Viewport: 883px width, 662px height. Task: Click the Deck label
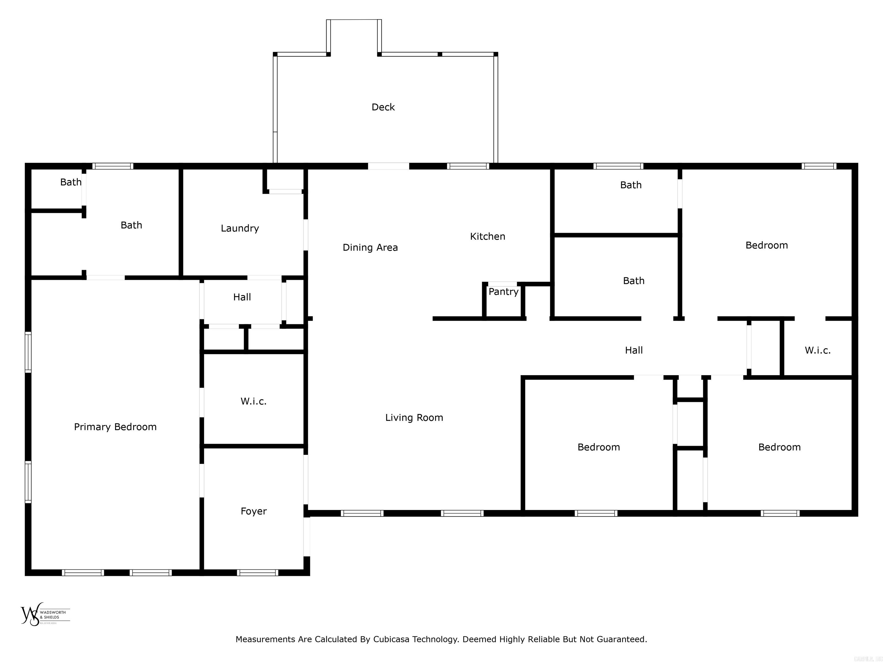(383, 107)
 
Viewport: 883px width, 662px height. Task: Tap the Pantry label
(503, 292)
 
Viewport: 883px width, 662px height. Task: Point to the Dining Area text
(370, 247)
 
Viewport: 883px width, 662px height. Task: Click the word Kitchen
(487, 236)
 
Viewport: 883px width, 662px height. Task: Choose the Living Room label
(414, 417)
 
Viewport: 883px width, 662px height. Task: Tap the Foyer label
(254, 511)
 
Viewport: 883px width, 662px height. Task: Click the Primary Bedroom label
(115, 427)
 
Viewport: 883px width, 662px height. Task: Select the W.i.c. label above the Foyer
(254, 401)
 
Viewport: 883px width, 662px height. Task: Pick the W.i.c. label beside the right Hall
(817, 350)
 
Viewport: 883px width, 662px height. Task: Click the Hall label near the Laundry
(242, 297)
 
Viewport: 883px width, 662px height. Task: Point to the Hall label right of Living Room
(634, 350)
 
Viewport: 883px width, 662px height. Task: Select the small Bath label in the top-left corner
(71, 182)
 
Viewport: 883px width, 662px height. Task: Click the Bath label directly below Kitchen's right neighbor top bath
(634, 280)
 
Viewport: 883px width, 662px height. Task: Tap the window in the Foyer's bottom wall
(258, 573)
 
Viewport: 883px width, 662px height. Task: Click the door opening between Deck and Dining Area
(388, 166)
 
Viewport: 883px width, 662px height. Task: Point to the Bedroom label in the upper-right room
(766, 245)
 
